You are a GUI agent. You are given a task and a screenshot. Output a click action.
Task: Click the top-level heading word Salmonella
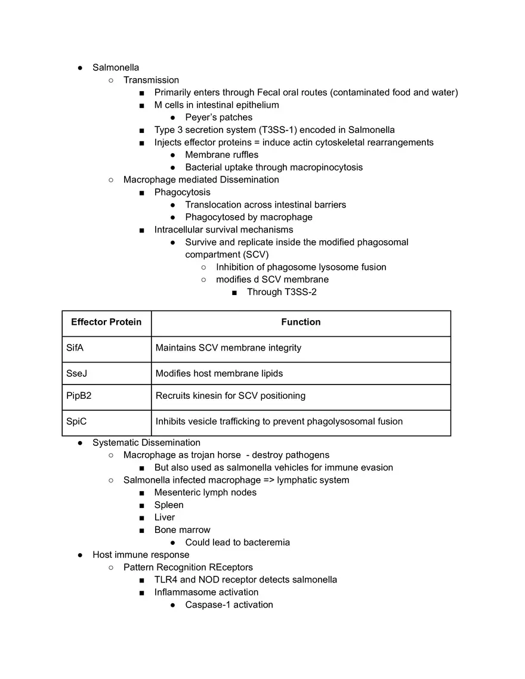115,67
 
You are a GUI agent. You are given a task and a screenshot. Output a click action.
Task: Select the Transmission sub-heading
151,80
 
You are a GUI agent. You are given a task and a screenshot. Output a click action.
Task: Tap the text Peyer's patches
218,117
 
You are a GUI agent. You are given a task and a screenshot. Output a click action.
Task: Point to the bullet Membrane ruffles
221,155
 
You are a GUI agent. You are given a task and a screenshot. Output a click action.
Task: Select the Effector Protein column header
106,323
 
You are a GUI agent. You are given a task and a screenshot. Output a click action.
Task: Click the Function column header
301,323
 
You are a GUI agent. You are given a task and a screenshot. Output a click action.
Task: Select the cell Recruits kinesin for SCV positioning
230,396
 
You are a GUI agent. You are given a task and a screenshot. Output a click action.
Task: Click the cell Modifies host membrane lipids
219,374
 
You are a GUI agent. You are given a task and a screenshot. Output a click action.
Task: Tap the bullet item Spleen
169,505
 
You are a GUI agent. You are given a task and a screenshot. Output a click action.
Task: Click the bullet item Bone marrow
182,530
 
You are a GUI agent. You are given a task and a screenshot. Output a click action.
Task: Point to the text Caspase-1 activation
228,605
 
